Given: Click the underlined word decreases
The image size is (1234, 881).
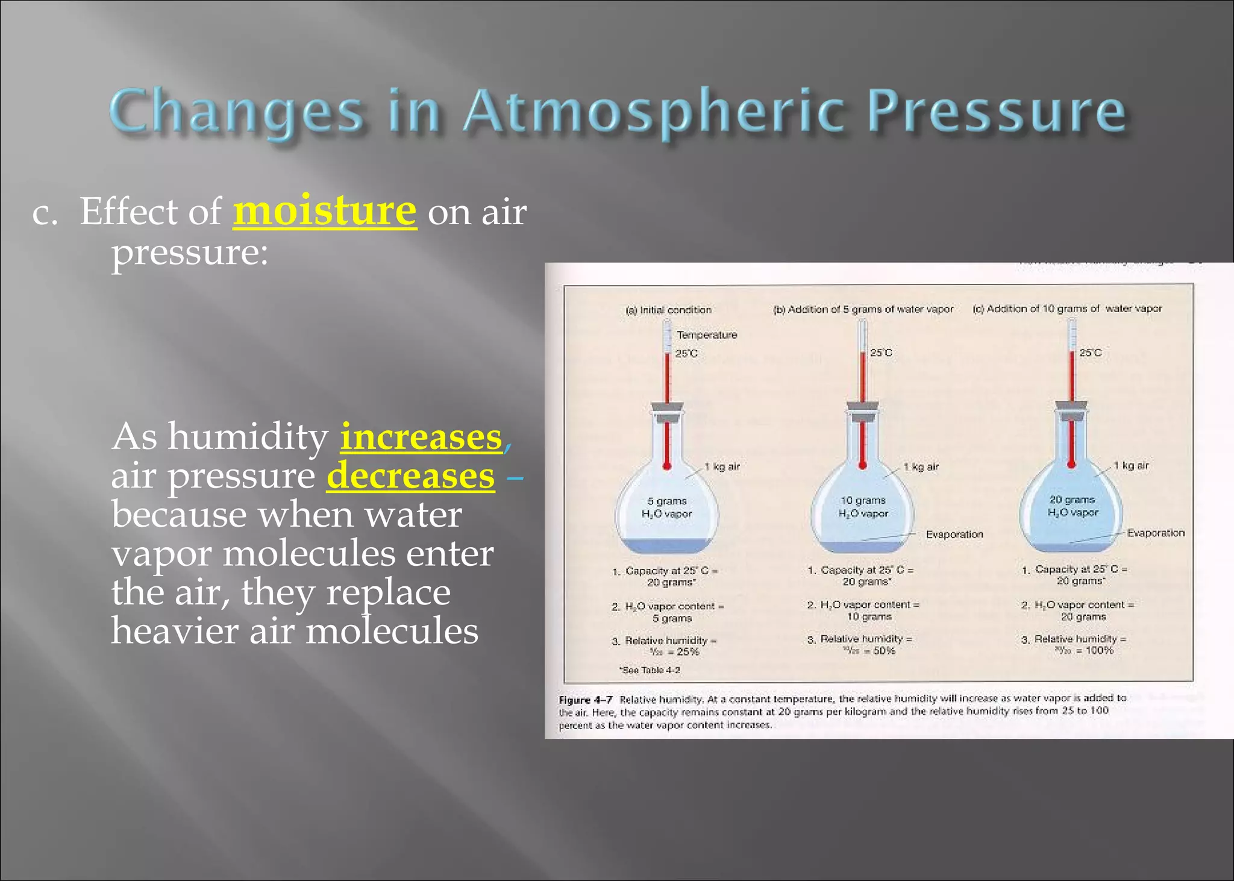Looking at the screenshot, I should tap(410, 475).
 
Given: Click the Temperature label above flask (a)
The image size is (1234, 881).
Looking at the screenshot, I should tap(707, 335).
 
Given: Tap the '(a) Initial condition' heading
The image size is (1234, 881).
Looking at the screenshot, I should tap(668, 310).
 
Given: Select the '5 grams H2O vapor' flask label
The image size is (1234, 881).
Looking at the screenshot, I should tap(666, 507).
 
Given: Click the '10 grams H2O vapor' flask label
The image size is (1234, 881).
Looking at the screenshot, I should tap(863, 507).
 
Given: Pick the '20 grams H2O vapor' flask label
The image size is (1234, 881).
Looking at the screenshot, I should tap(1072, 506).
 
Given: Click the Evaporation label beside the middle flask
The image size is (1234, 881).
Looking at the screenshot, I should tap(954, 535).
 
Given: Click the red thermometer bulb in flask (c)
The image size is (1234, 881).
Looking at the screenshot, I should tap(1071, 464).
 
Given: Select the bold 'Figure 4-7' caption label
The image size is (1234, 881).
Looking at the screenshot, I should tap(585, 700).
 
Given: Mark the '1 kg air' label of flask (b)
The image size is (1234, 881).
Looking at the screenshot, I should tap(921, 467).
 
